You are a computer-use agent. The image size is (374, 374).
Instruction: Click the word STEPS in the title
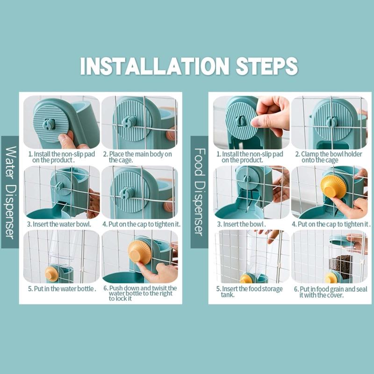click(x=267, y=66)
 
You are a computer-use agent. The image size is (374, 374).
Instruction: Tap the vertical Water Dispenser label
click(x=10, y=192)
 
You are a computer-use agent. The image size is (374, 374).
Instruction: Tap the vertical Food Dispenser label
click(x=199, y=192)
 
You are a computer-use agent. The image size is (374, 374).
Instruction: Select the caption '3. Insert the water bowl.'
click(x=59, y=224)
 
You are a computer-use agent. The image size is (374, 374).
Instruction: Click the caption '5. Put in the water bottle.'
click(x=62, y=289)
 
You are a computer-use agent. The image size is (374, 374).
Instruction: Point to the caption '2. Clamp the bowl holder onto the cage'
click(x=329, y=157)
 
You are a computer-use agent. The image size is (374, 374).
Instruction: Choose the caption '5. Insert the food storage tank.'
click(x=249, y=292)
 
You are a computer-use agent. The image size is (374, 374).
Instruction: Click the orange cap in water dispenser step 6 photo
click(x=139, y=252)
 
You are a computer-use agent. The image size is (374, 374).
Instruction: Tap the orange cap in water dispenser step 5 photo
click(x=51, y=274)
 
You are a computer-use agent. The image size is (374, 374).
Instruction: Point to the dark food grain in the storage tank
click(x=341, y=266)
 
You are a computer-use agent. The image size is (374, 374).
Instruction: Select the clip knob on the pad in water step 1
click(x=49, y=124)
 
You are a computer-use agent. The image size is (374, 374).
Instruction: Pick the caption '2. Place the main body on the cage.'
click(x=137, y=157)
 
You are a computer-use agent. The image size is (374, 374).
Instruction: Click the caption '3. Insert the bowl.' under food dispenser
click(x=241, y=224)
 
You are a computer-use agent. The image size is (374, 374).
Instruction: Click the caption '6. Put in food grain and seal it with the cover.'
click(x=331, y=292)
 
